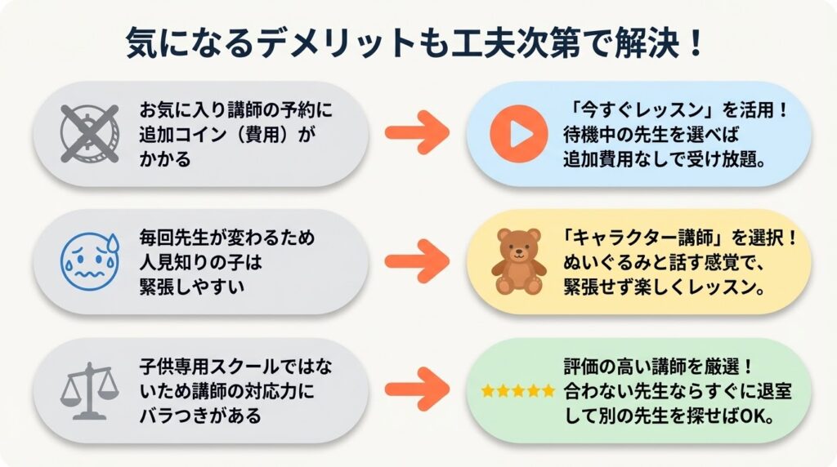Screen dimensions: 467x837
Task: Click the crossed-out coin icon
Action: tap(91, 132)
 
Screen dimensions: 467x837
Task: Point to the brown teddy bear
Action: tap(518, 261)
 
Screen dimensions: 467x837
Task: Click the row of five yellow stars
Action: tap(517, 391)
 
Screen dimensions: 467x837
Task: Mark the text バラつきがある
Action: tap(201, 415)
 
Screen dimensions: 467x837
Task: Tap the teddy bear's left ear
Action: tap(504, 236)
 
